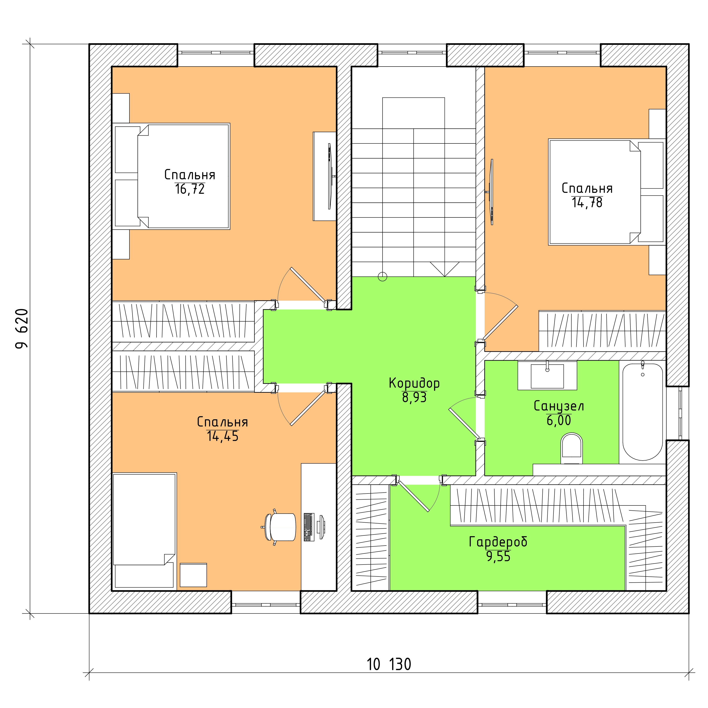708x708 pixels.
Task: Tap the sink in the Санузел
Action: (x=547, y=376)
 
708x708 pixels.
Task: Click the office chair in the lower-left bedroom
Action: (x=280, y=527)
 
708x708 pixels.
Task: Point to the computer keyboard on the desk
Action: (x=309, y=527)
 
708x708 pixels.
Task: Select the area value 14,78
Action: (x=587, y=203)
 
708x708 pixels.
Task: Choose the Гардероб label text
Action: (x=498, y=542)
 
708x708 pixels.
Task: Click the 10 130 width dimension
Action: (x=389, y=665)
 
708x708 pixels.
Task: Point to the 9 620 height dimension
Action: (x=22, y=329)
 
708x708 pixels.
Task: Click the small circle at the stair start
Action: (x=382, y=277)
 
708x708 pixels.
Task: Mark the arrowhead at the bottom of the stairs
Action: (x=445, y=269)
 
